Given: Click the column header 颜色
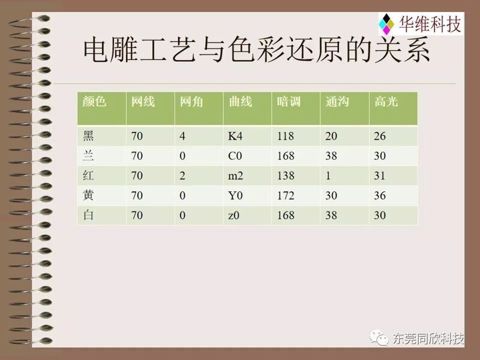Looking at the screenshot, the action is [x=94, y=101].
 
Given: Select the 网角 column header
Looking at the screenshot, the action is [x=191, y=101].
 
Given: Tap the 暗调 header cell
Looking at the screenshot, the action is [x=289, y=101].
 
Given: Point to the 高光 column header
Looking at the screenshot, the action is [x=386, y=101].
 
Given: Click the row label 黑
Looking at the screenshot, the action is [x=88, y=136].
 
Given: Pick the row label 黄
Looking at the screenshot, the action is [x=88, y=195].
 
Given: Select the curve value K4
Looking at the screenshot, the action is [x=235, y=136].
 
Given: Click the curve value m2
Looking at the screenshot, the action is [x=235, y=176].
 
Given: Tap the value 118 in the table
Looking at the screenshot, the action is [x=286, y=136].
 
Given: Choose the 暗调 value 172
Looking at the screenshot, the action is [x=286, y=196].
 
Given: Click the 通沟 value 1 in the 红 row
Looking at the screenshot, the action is [x=328, y=176].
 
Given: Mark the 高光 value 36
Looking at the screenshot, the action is [x=380, y=196].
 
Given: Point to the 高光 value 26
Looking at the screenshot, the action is [x=380, y=136].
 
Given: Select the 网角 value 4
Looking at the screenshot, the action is [x=182, y=136].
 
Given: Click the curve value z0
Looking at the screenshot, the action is [x=233, y=215].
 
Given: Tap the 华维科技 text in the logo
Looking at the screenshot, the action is [x=430, y=24].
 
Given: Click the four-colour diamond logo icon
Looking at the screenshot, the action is [x=386, y=24].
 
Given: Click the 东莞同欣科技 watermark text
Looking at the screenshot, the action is [x=428, y=338].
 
